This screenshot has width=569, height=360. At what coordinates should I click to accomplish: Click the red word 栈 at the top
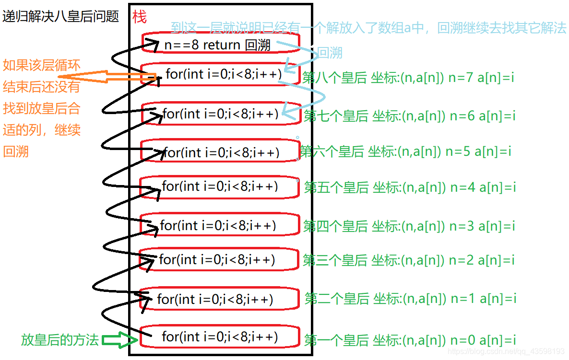[x=140, y=17]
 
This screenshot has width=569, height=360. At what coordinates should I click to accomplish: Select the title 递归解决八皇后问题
[x=60, y=17]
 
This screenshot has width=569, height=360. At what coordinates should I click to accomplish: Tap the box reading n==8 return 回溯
[x=220, y=45]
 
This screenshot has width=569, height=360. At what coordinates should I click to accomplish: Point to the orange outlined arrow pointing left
[x=106, y=77]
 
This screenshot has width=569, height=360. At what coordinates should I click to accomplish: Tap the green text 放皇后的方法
[x=60, y=340]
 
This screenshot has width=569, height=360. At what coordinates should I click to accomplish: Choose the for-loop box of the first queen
[x=220, y=337]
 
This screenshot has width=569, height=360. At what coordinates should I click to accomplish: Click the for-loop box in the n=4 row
[x=220, y=186]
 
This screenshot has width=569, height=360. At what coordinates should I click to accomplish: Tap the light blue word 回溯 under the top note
[x=330, y=53]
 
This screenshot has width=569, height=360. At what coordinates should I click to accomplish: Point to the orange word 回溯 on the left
[x=16, y=151]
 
